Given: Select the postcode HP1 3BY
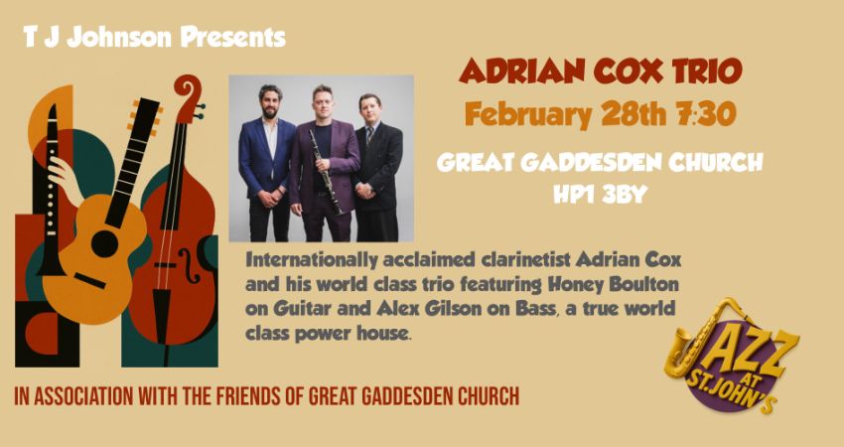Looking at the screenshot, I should point(600,195).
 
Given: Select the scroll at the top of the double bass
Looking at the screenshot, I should point(188,94).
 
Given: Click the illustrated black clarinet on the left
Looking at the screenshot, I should point(45,199).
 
